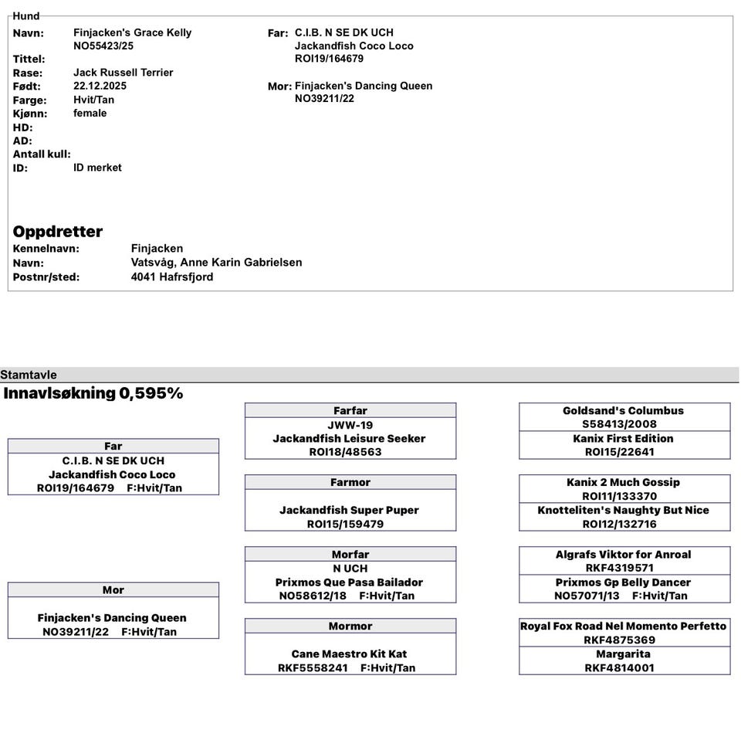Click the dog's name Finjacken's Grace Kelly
pyautogui.click(x=132, y=32)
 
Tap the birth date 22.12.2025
pyautogui.click(x=100, y=86)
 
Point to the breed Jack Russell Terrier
pyautogui.click(x=123, y=73)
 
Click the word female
pyautogui.click(x=90, y=113)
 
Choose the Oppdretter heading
pyautogui.click(x=57, y=232)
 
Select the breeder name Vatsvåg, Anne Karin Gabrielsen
pyautogui.click(x=216, y=263)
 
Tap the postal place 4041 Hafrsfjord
pyautogui.click(x=172, y=277)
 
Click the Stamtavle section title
pyautogui.click(x=29, y=375)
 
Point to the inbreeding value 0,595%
pyautogui.click(x=151, y=393)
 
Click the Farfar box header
pyautogui.click(x=350, y=410)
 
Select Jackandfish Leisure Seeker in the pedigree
pyautogui.click(x=349, y=438)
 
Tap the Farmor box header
pyautogui.click(x=350, y=482)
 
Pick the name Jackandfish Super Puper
pyautogui.click(x=350, y=510)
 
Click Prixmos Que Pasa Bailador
pyautogui.click(x=349, y=582)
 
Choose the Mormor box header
pyautogui.click(x=350, y=626)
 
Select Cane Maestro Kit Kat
pyautogui.click(x=349, y=654)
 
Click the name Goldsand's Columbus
pyautogui.click(x=623, y=410)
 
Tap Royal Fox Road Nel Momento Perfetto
pyautogui.click(x=623, y=626)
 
